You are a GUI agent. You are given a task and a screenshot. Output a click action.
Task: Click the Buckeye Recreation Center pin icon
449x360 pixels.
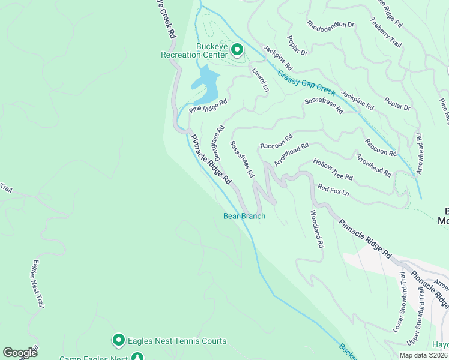click(x=237, y=49)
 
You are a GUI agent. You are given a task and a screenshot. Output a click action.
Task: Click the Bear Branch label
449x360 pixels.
click(x=244, y=216)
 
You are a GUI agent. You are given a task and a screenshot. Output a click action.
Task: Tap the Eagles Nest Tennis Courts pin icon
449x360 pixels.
click(x=118, y=341)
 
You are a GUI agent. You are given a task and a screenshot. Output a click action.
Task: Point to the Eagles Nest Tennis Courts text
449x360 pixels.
click(x=178, y=341)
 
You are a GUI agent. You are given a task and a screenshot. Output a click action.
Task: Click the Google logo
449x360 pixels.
click(x=20, y=353)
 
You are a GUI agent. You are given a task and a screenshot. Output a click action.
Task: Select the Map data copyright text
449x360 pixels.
click(x=423, y=355)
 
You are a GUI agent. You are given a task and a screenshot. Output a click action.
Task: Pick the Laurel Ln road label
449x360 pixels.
click(x=259, y=79)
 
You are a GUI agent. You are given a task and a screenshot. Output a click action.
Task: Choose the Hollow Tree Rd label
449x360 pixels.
click(x=333, y=170)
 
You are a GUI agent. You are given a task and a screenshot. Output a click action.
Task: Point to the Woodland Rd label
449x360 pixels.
click(x=316, y=229)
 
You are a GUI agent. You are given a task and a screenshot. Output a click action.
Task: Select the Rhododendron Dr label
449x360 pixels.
click(x=330, y=26)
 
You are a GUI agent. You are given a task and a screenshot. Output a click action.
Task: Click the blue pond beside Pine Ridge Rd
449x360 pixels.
click(x=205, y=85)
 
